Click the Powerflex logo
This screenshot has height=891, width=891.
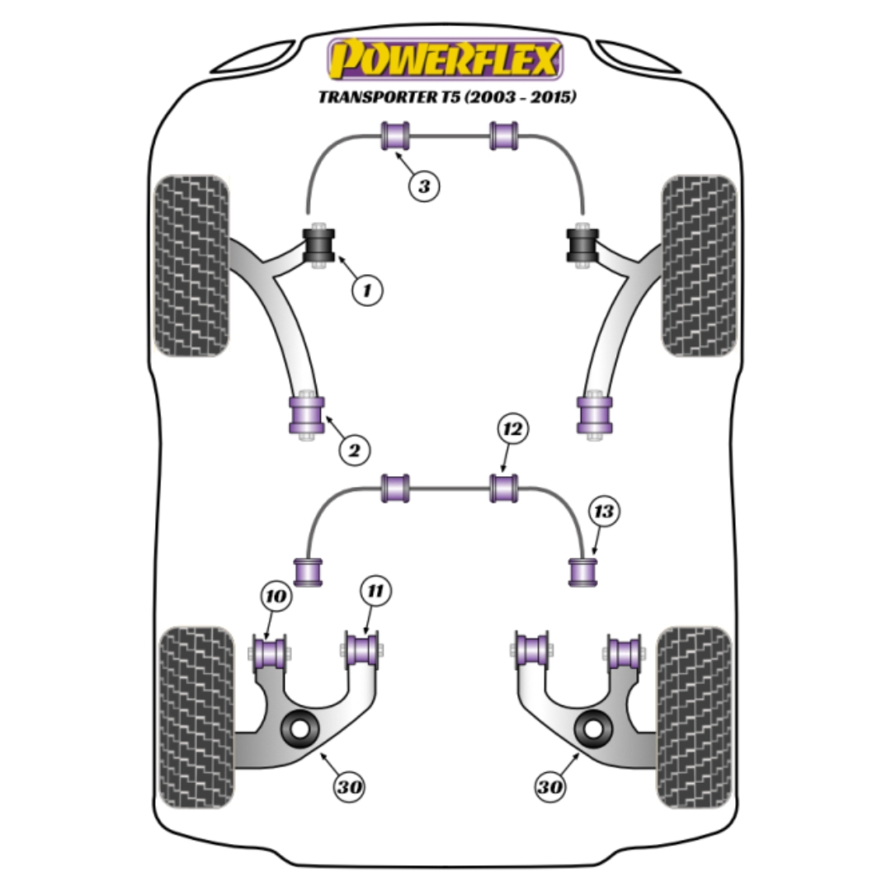click(x=445, y=59)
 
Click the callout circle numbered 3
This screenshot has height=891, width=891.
click(x=424, y=186)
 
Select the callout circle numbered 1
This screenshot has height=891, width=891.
click(x=367, y=290)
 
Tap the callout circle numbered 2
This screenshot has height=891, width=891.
click(x=354, y=450)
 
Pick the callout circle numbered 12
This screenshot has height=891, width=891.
click(x=512, y=428)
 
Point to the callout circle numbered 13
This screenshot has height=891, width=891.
click(x=603, y=511)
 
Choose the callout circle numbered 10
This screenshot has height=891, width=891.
click(x=276, y=596)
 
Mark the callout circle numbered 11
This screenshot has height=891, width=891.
click(x=375, y=591)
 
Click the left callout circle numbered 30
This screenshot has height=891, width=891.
click(x=349, y=787)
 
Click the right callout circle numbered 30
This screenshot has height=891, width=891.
click(x=550, y=787)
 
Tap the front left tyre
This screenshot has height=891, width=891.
click(x=191, y=266)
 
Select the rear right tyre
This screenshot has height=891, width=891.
click(x=695, y=718)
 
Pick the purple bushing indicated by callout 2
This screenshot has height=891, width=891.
click(x=307, y=414)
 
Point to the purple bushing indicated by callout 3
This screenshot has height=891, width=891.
click(x=395, y=136)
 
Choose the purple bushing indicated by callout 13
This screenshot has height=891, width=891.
click(x=583, y=573)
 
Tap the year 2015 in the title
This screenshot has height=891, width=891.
click(x=550, y=97)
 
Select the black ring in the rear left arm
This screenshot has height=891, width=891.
click(x=299, y=729)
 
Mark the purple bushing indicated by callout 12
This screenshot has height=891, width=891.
click(x=504, y=488)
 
